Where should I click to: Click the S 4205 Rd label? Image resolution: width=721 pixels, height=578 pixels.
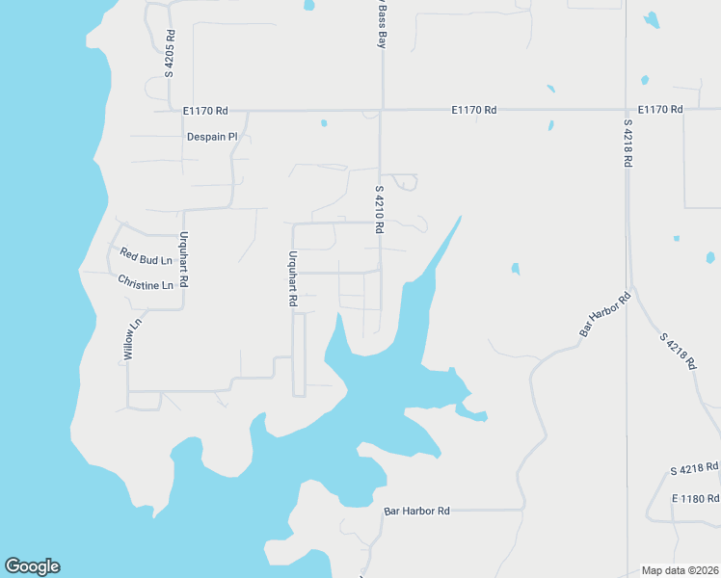tap(170, 54)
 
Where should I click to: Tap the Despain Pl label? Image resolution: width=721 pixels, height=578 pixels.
tap(212, 137)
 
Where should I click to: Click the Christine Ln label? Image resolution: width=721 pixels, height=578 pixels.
tap(146, 283)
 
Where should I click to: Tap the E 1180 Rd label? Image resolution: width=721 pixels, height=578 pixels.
tap(695, 498)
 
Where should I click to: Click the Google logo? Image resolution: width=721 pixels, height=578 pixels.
tap(32, 566)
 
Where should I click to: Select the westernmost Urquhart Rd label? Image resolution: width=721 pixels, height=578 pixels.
tap(183, 263)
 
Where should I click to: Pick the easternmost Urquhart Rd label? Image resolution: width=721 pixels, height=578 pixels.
tap(292, 278)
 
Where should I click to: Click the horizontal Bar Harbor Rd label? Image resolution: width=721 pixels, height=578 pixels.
tap(416, 511)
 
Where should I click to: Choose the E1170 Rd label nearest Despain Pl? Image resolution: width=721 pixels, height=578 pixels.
tap(204, 111)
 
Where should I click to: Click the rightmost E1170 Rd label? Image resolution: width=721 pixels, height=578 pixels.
tap(659, 110)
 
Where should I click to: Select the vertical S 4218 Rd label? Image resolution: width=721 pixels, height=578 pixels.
tap(627, 144)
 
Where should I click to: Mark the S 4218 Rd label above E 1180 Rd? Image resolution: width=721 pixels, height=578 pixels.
tap(694, 468)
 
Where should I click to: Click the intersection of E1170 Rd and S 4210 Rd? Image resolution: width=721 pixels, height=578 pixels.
tap(381, 110)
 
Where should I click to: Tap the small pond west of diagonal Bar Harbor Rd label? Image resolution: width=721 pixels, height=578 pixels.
tap(516, 269)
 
